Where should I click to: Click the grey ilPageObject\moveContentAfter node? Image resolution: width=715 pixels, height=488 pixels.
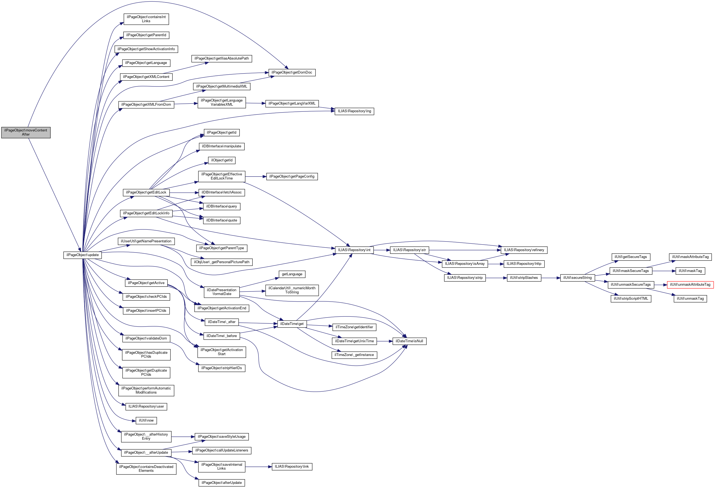pyautogui.click(x=26, y=133)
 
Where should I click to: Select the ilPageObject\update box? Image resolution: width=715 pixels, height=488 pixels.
pyautogui.click(x=82, y=255)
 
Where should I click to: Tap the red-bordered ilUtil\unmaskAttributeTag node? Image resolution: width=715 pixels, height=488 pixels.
pyautogui.click(x=690, y=285)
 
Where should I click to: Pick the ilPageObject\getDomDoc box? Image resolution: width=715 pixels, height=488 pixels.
pyautogui.click(x=292, y=73)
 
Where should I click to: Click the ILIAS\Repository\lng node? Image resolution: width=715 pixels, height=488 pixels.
pyautogui.click(x=354, y=111)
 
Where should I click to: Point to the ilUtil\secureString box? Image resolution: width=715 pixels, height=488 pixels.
pyautogui.click(x=577, y=278)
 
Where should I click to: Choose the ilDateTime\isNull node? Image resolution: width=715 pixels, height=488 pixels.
pyautogui.click(x=409, y=341)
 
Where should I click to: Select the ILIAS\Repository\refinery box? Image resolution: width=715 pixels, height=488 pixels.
pyautogui.click(x=524, y=250)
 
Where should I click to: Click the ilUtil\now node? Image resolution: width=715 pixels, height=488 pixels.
pyautogui.click(x=146, y=420)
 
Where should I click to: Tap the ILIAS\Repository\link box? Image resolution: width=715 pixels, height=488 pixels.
pyautogui.click(x=292, y=467)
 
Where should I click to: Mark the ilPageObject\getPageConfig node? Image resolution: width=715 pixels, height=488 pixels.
pyautogui.click(x=292, y=176)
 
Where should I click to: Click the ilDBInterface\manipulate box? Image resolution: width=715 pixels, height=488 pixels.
pyautogui.click(x=221, y=146)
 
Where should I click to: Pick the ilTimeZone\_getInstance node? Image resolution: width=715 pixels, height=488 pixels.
pyautogui.click(x=354, y=355)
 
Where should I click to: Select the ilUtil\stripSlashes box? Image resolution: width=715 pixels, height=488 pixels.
pyautogui.click(x=524, y=278)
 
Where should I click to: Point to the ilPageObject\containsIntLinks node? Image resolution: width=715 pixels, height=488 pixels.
pyautogui.click(x=146, y=19)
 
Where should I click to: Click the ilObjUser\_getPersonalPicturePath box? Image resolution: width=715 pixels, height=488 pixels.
pyautogui.click(x=221, y=262)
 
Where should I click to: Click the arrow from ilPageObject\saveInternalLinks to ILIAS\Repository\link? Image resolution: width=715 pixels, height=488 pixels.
pyautogui.click(x=258, y=467)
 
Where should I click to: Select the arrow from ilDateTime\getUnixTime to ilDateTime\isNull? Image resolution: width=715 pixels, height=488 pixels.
pyautogui.click(x=384, y=341)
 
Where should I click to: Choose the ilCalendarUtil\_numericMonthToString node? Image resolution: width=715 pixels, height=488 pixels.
pyautogui.click(x=292, y=290)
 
